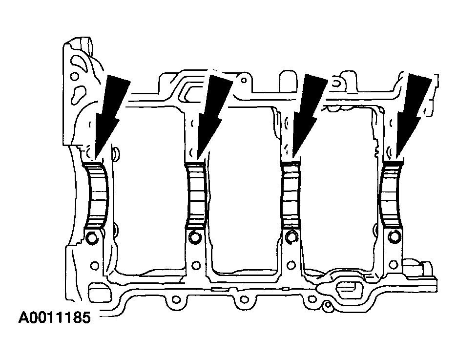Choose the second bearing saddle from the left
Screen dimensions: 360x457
196,195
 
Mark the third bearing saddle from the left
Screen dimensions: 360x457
292,195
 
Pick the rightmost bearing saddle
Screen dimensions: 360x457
392,195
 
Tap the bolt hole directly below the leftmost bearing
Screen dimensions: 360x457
91,239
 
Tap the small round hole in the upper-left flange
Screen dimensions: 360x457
74,77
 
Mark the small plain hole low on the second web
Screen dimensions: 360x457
196,265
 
